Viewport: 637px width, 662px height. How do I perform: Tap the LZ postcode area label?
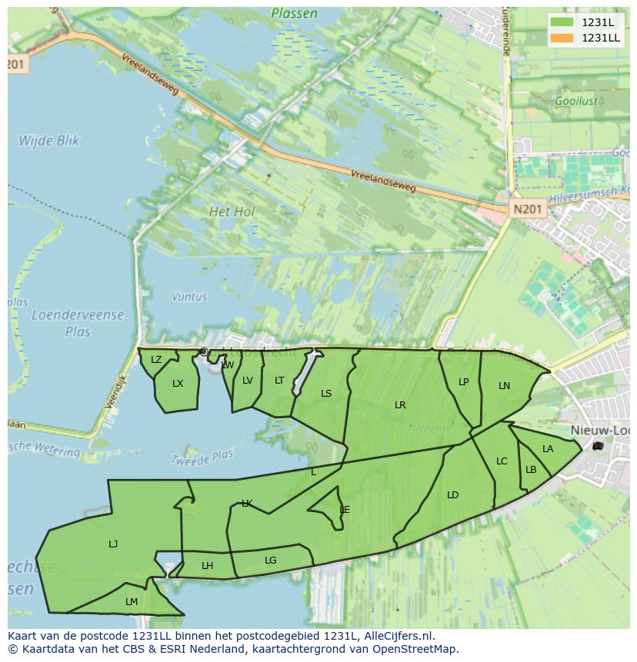coord(156,360)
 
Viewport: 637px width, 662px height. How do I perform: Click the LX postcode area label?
coord(178,384)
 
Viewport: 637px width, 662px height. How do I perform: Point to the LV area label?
coord(247,381)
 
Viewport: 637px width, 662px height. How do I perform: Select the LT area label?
coord(279,381)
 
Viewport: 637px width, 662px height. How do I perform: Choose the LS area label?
coord(326,394)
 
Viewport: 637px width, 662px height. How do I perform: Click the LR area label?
coord(400,405)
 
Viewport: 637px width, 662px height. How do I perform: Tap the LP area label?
coord(463,382)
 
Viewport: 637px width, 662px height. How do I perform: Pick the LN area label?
coord(504,386)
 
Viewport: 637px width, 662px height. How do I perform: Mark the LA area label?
coord(548,449)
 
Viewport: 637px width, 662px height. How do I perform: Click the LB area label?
coord(531,470)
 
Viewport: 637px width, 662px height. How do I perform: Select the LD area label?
coord(452,495)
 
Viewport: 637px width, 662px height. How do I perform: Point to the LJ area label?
coord(113,544)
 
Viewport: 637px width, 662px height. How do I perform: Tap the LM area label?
coord(132,602)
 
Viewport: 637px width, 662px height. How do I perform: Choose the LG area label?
coord(270,561)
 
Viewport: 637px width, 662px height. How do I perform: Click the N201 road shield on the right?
coord(527,208)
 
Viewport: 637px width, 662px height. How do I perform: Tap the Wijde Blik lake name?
coord(49,141)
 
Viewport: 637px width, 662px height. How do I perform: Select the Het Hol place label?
coord(232,211)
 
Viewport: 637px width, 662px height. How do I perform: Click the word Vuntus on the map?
coord(189,297)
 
